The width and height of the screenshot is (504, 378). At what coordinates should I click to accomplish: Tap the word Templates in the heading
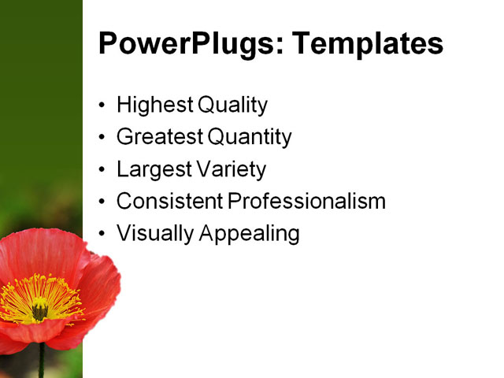367,44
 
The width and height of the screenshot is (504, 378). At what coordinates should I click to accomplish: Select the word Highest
154,105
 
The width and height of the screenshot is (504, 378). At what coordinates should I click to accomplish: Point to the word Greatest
160,137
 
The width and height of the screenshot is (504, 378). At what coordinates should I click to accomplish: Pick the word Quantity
250,137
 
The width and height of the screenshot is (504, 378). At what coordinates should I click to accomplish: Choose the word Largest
151,169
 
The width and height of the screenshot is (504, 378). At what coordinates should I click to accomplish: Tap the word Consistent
169,201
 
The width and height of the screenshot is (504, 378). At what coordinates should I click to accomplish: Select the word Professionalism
306,201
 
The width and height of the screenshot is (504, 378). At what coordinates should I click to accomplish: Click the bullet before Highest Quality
102,106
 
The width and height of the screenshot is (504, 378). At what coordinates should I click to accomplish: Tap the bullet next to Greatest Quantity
102,138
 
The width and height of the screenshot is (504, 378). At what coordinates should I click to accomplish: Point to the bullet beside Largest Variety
102,170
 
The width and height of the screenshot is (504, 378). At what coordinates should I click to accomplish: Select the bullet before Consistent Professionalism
102,202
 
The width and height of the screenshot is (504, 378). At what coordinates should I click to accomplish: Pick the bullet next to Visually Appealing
102,234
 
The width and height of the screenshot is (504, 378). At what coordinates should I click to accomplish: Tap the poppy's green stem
41,362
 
